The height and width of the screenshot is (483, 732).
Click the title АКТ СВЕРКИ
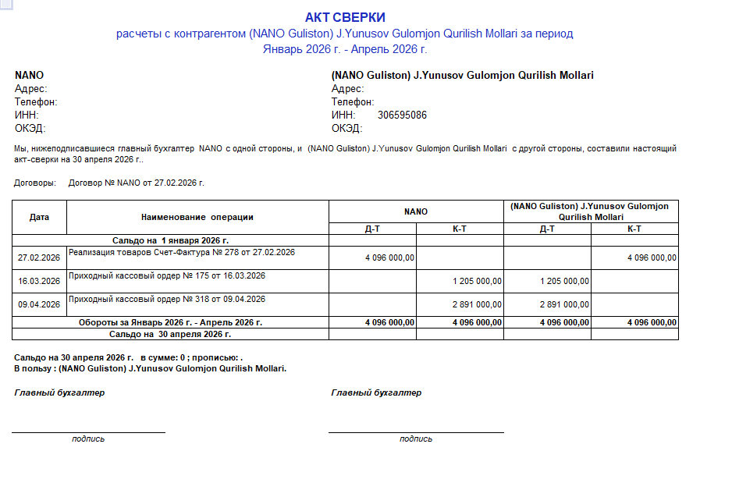[x=345, y=17]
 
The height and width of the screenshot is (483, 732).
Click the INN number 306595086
[x=402, y=115]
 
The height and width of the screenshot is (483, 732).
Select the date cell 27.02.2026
[x=39, y=257]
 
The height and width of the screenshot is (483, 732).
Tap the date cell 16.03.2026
[x=39, y=281]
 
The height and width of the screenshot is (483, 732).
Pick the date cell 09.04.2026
[x=39, y=304]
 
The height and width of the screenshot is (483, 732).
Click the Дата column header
[x=39, y=217]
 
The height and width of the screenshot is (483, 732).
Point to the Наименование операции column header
[x=197, y=217]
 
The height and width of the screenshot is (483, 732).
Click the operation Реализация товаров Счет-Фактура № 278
[x=182, y=252]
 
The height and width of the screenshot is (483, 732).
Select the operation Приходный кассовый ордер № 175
[x=167, y=275]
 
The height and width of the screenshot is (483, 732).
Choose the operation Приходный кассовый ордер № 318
[x=167, y=299]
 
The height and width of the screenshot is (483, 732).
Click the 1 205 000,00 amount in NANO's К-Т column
[x=477, y=281]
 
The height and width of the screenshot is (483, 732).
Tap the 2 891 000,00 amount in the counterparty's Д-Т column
[x=564, y=304]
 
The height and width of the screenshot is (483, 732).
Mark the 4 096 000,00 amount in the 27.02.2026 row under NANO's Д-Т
[x=389, y=257]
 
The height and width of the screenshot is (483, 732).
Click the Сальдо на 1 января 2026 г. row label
[x=170, y=241]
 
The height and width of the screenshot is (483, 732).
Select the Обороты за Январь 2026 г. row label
[x=170, y=321]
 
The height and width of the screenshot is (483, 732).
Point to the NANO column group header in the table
[x=416, y=211]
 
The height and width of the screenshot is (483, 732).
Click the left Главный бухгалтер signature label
[x=59, y=392]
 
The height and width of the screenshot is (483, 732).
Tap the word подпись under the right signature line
[x=416, y=439]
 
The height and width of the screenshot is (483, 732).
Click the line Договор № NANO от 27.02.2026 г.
[x=136, y=183]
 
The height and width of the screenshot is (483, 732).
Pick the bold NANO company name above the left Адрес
[x=29, y=76]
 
